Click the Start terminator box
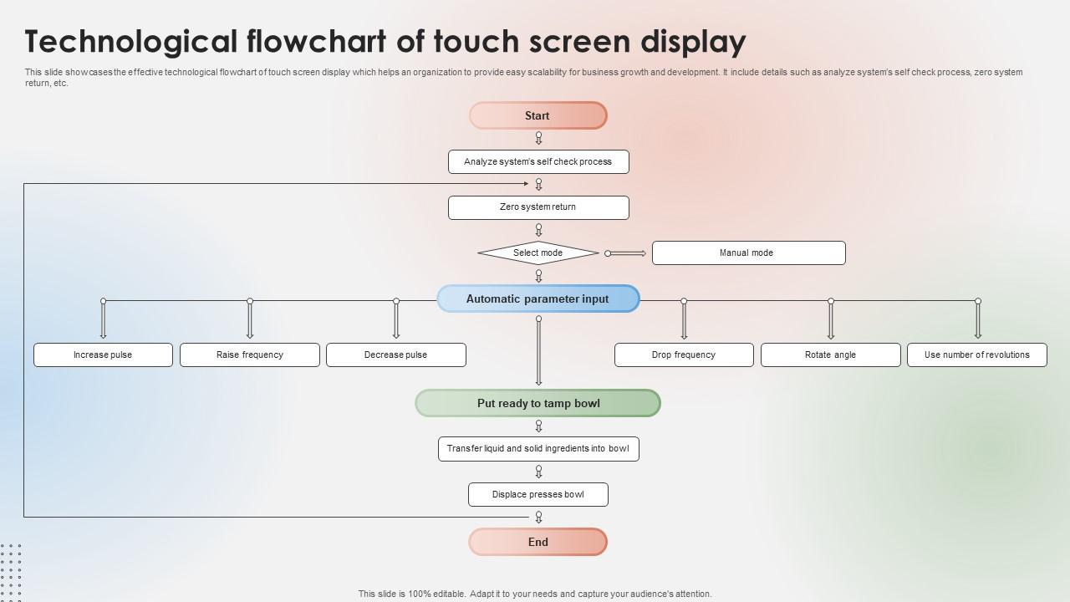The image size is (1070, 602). point(538,115)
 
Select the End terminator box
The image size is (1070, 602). point(538,542)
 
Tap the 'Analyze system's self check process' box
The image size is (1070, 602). point(538,161)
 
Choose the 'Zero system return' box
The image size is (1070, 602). point(538,207)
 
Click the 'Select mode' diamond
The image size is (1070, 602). point(538,253)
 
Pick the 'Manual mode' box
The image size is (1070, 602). point(748,253)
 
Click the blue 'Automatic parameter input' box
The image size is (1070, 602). point(538,298)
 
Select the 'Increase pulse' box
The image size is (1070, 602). point(103,355)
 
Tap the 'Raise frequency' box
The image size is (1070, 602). point(250,355)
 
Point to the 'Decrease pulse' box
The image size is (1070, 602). point(396,355)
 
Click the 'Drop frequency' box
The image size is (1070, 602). point(684,355)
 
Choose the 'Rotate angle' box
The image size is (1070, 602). point(831,355)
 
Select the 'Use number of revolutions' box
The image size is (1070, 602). point(977,355)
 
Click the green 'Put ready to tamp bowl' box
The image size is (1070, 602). point(538,403)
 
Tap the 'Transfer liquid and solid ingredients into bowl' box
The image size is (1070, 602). point(538,449)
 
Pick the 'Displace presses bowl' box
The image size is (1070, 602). point(538,494)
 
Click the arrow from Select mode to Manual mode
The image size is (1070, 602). point(626,253)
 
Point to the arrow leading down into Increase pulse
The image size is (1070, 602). point(103,319)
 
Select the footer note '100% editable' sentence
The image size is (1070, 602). point(535,594)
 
